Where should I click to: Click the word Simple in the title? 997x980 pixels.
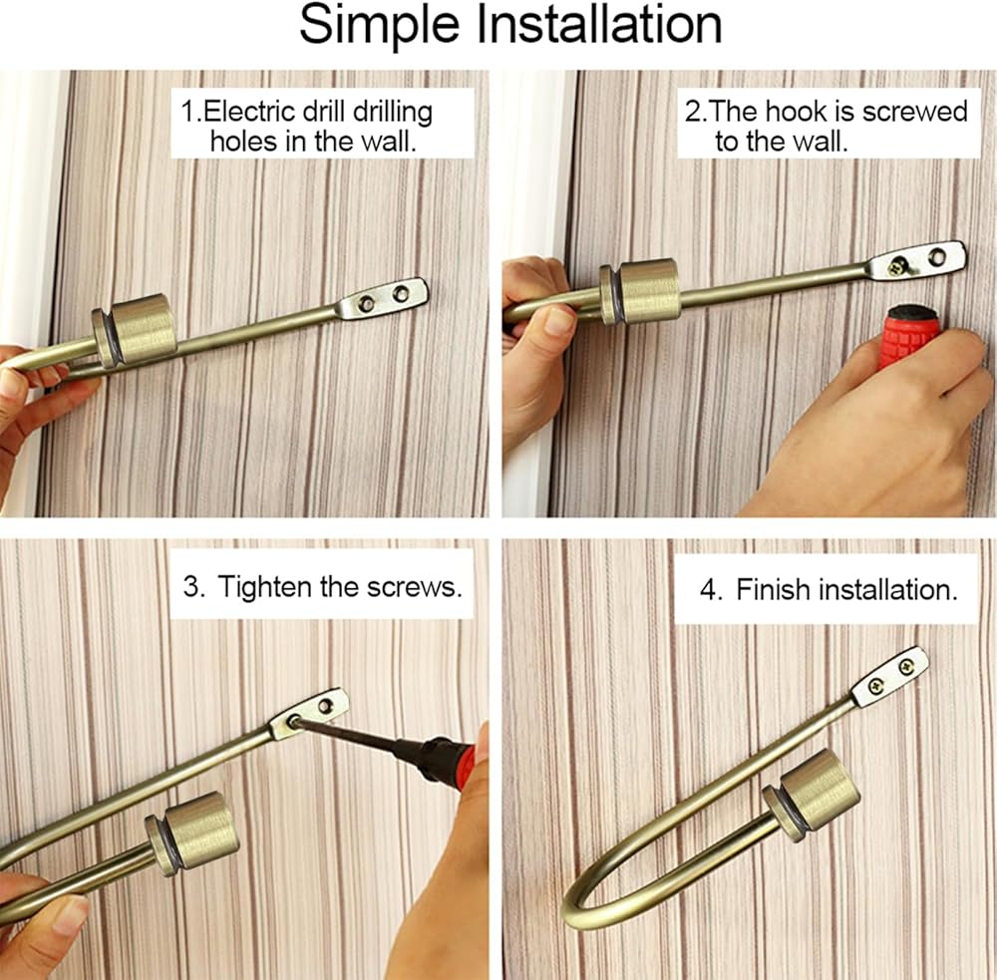coord(379,26)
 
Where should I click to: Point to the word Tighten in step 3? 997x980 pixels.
coord(266,587)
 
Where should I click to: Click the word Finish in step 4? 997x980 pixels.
coord(774,589)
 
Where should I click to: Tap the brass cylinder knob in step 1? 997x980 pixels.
coord(135,329)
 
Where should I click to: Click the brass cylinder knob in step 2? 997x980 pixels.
coord(640,291)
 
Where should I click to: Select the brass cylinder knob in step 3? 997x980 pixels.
coord(192,831)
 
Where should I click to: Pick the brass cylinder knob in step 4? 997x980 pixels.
coord(812,794)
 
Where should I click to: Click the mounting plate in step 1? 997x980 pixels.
coord(382,298)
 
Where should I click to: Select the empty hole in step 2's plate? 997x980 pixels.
coord(936,257)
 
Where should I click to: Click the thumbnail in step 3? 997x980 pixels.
coord(69,915)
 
